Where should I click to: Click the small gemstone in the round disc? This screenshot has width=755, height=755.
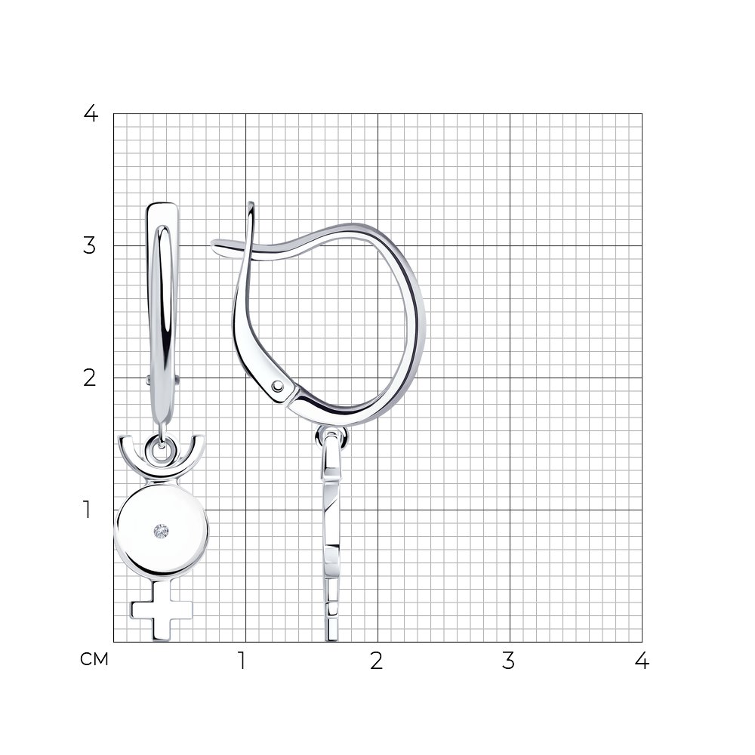(x=162, y=532)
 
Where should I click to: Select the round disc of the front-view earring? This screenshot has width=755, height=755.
(x=162, y=531)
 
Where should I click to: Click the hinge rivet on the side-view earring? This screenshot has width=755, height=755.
(x=278, y=386)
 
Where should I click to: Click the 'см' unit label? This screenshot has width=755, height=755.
(x=94, y=659)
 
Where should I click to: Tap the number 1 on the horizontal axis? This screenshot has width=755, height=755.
(x=242, y=661)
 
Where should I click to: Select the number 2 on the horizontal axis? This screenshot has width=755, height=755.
(x=377, y=661)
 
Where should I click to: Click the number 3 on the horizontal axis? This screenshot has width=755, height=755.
(x=508, y=661)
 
